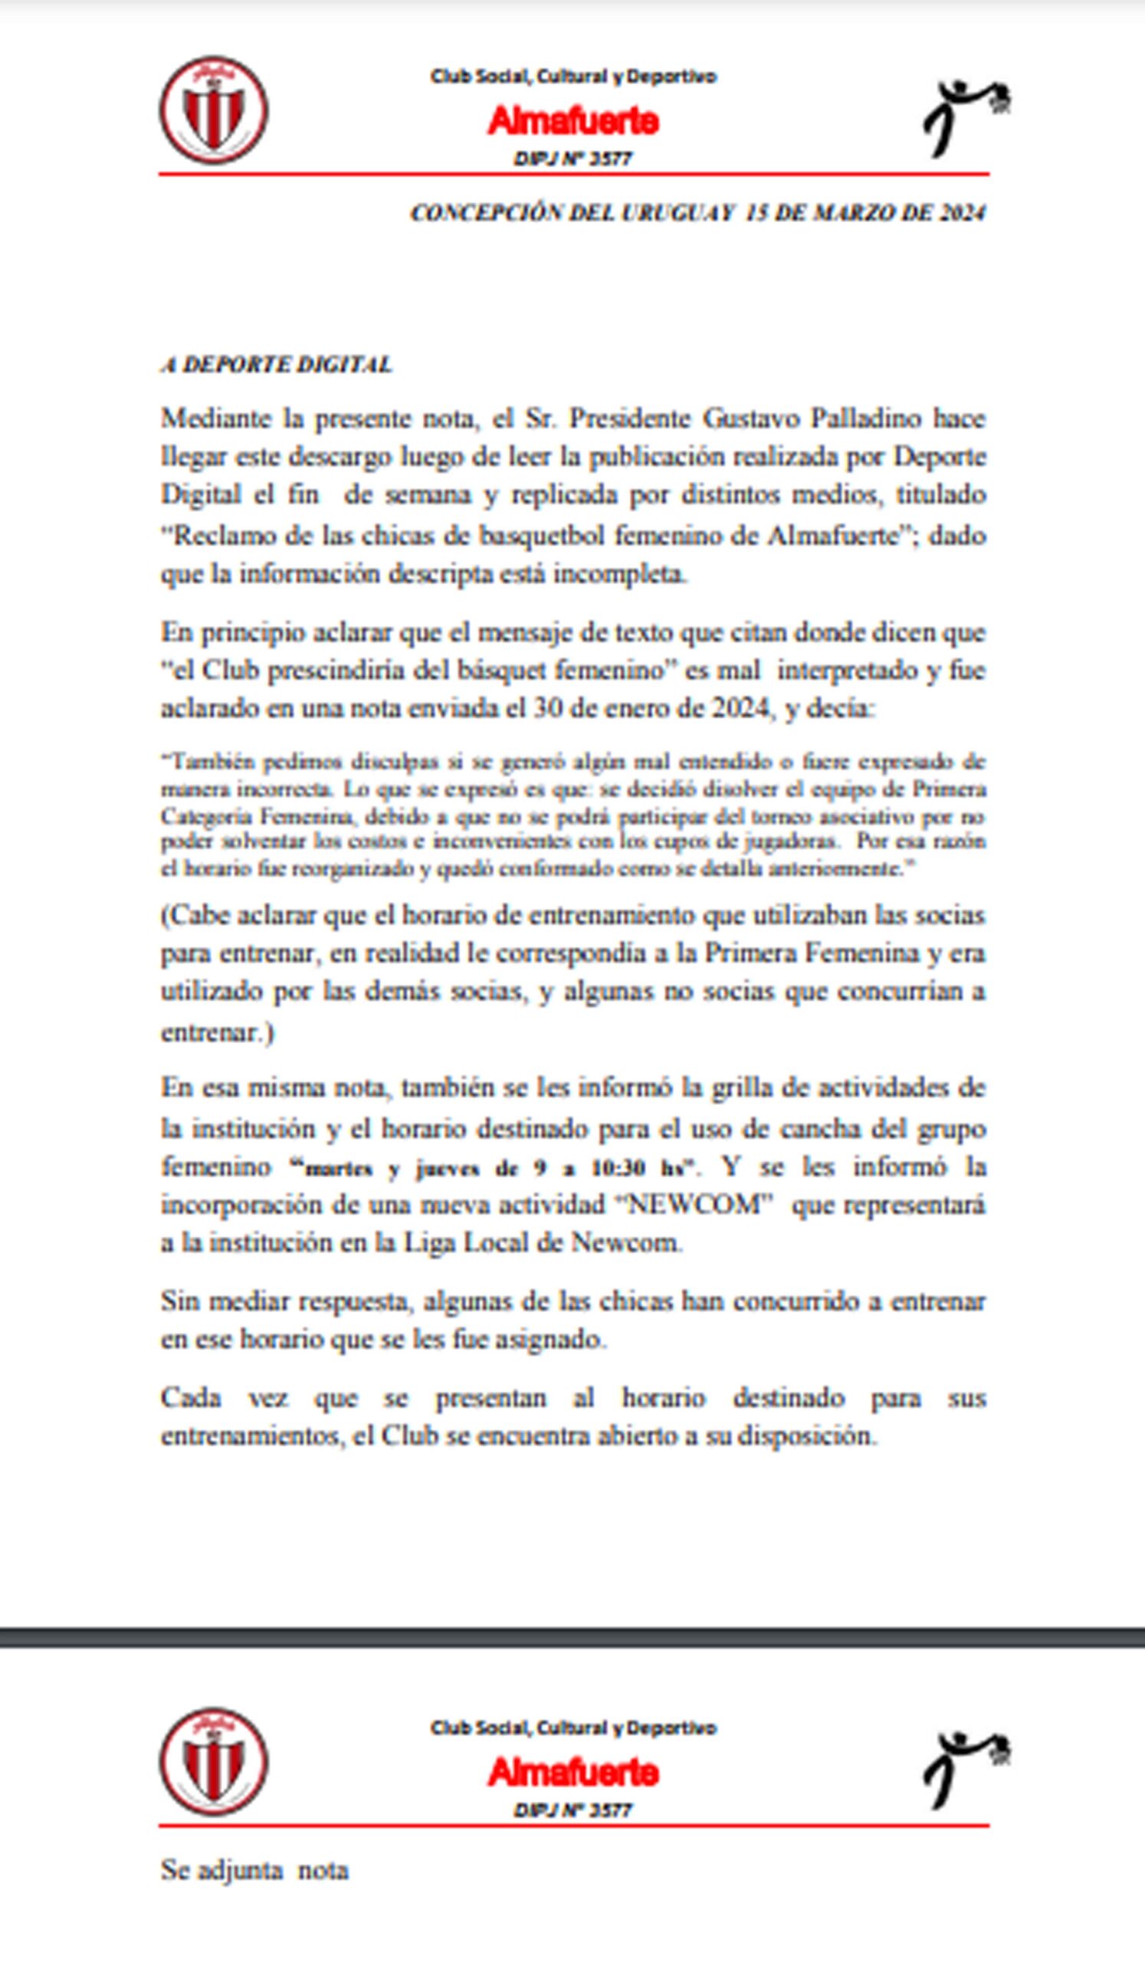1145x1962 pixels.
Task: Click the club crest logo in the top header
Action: pos(214,110)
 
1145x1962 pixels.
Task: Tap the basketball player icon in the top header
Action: pos(966,116)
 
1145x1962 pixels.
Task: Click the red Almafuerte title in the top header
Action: pos(574,121)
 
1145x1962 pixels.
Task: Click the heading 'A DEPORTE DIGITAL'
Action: pos(277,364)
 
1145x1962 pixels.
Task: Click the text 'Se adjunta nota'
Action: pos(254,1870)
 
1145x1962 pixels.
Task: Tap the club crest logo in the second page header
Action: pos(214,1762)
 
